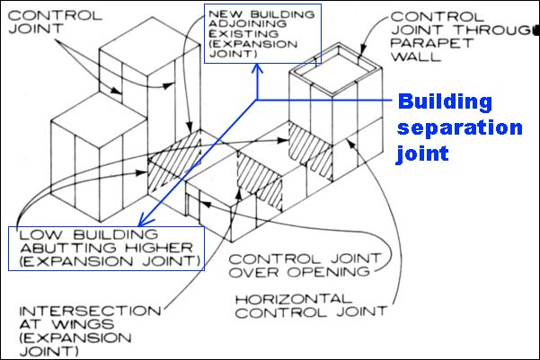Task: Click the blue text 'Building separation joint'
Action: [x=459, y=127]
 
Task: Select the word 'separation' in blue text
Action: [x=459, y=127]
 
